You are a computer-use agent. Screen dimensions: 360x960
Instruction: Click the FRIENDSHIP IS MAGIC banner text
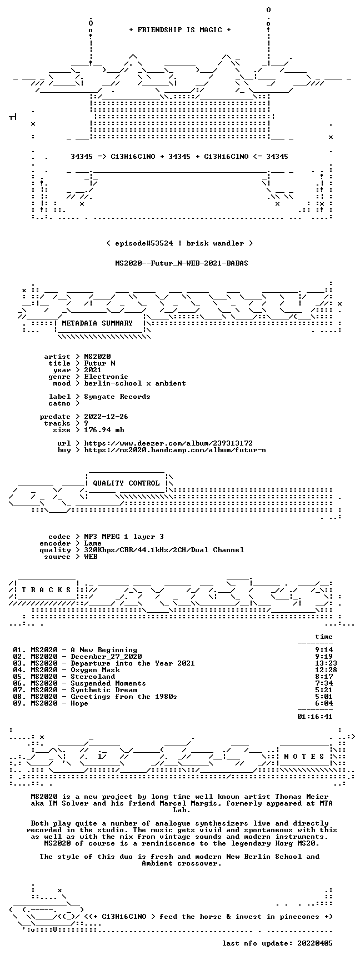point(179,30)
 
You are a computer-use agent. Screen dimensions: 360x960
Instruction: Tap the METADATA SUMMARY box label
point(97,323)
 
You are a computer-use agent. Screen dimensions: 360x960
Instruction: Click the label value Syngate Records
point(117,397)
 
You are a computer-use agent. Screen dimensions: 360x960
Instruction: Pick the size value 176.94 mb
point(104,430)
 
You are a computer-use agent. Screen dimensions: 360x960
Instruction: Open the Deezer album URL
point(168,443)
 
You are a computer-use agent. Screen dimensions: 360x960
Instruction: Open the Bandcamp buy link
point(175,450)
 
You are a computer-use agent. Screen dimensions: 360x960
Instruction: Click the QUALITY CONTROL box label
point(126,483)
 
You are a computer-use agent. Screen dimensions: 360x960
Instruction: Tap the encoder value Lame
point(93,543)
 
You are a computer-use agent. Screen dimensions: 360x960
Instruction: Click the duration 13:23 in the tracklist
point(326,663)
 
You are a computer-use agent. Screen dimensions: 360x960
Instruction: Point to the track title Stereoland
point(93,677)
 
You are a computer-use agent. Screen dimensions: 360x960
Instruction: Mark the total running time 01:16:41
point(315,717)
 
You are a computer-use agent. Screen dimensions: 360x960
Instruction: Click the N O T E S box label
point(304,757)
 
